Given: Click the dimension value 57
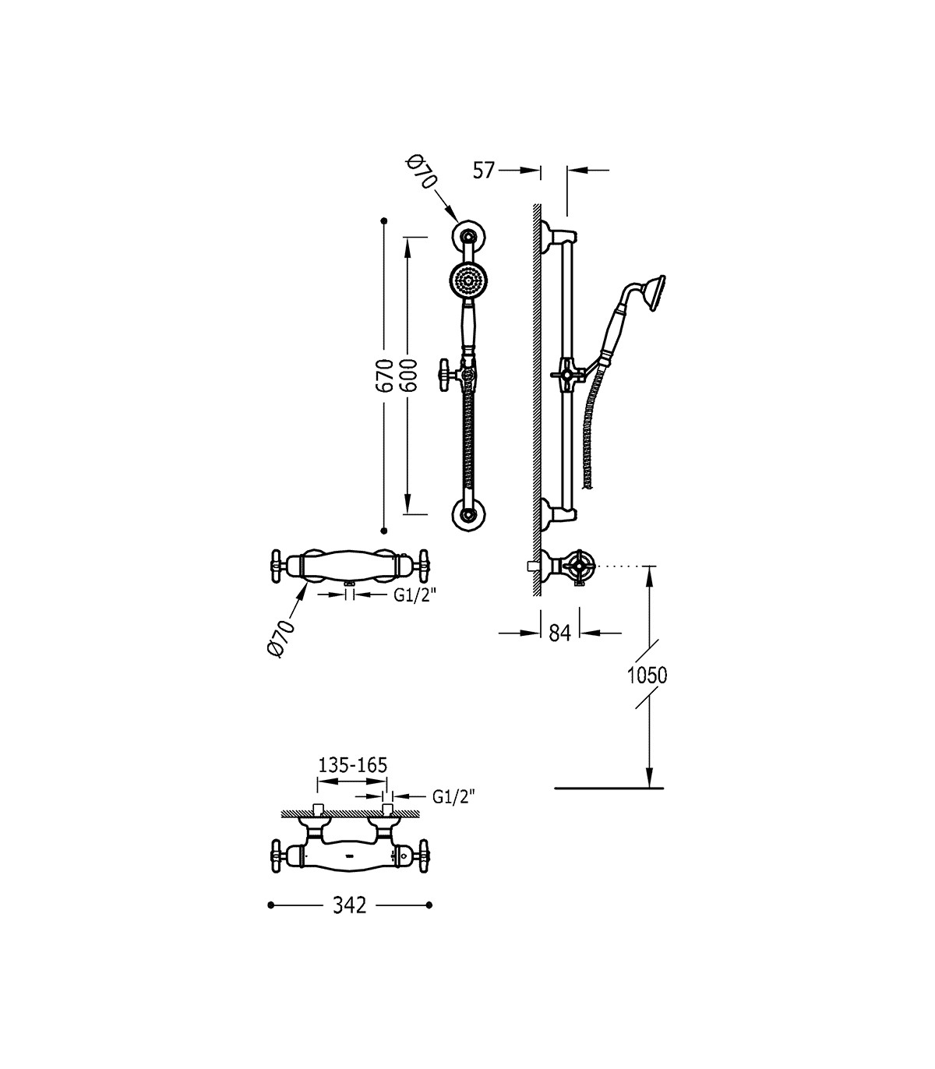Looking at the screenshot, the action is (x=483, y=171).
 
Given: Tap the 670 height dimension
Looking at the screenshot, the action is (x=386, y=375).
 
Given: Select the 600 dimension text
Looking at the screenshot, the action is (x=409, y=375).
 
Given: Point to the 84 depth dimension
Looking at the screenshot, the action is (x=560, y=633).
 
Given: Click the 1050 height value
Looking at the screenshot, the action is (x=647, y=676).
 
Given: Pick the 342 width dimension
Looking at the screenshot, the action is (x=350, y=905).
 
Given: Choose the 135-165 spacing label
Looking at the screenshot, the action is (x=353, y=765).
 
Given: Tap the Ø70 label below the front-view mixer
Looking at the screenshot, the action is (x=281, y=639).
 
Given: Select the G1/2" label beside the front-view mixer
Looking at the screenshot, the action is (x=415, y=595).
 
